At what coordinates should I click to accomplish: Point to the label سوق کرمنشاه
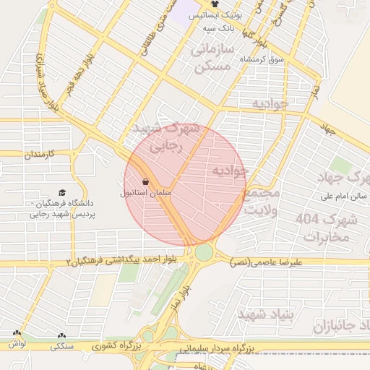[x=262, y=58]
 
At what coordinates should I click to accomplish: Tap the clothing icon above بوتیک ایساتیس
[x=215, y=4]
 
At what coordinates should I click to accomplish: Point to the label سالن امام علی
[x=345, y=196]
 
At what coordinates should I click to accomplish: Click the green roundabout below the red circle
[x=204, y=253]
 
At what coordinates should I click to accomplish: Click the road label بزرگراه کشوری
[x=121, y=347]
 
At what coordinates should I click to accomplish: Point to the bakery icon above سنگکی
[x=61, y=335]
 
